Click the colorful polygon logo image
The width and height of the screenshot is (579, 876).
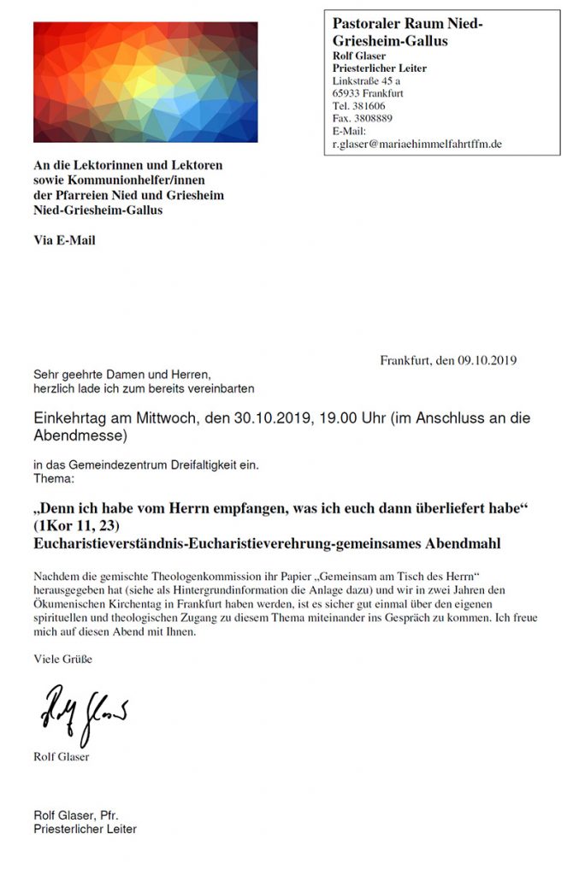(x=145, y=82)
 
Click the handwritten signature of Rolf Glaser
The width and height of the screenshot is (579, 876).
(x=84, y=713)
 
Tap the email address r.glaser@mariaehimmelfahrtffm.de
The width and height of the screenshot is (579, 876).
(x=417, y=144)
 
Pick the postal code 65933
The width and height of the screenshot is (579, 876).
(x=346, y=93)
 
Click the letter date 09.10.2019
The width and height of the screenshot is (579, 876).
(x=488, y=360)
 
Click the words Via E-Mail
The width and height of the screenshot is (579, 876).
(x=65, y=240)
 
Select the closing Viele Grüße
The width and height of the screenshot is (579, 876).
(x=62, y=659)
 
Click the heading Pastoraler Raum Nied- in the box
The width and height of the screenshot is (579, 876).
(x=407, y=25)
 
